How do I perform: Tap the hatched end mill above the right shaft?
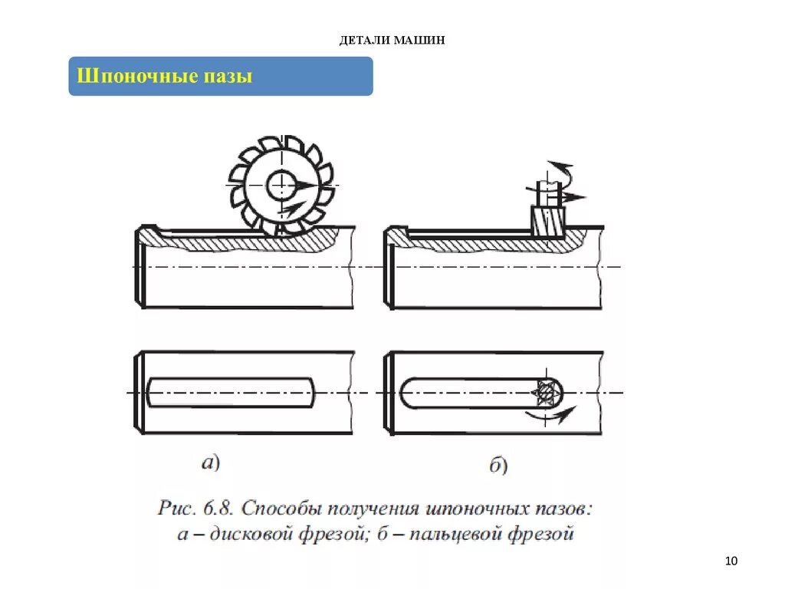[x=547, y=222]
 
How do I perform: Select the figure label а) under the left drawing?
[x=210, y=462]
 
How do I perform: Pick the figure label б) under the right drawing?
[x=498, y=465]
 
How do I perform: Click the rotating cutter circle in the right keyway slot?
[x=546, y=393]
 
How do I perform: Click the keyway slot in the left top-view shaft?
[x=231, y=392]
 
